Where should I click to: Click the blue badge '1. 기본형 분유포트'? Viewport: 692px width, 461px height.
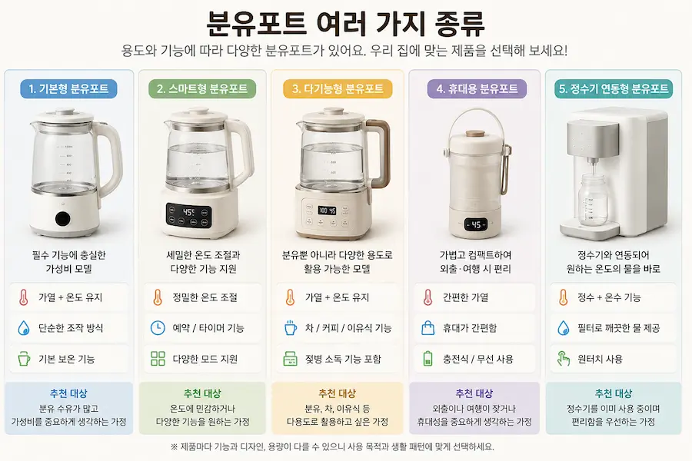68,88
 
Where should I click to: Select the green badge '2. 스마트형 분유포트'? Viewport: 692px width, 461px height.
202,88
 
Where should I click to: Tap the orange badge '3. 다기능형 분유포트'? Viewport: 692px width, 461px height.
338,88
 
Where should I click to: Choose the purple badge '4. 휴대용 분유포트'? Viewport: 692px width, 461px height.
477,88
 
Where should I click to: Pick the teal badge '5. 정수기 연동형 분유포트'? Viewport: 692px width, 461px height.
614,88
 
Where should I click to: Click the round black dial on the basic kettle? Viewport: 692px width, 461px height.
63,218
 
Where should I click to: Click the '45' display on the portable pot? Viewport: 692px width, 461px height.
476,224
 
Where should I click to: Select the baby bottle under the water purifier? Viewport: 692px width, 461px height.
594,200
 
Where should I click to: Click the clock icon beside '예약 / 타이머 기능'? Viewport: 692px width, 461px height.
158,328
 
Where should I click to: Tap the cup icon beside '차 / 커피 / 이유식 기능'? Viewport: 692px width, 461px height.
290,328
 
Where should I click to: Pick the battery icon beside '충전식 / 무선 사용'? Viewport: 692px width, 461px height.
428,359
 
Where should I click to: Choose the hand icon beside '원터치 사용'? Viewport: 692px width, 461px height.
563,359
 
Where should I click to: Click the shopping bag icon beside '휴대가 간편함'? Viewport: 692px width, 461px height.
428,328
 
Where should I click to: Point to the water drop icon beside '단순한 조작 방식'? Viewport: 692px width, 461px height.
23,328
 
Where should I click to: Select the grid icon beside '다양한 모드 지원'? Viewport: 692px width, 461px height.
158,359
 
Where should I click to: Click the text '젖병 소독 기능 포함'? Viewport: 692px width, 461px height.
343,359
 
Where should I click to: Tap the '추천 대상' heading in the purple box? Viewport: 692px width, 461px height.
474,393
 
